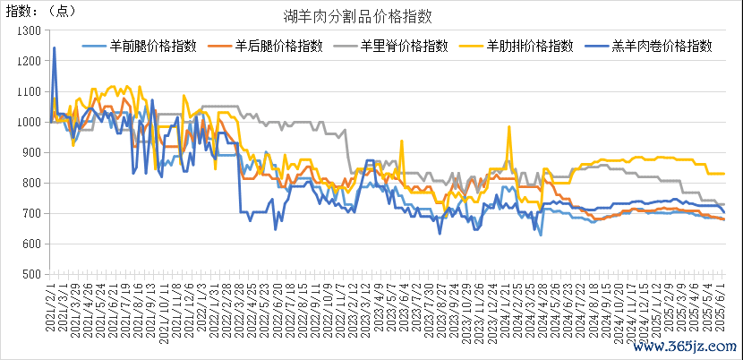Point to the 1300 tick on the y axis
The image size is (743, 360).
click(x=30, y=30)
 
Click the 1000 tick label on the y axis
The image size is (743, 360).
click(x=30, y=122)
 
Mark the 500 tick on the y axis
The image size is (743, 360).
click(x=32, y=274)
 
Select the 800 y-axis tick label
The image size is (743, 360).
click(x=32, y=183)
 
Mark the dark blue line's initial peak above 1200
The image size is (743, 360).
click(x=55, y=48)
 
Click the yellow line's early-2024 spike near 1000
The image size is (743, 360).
click(x=510, y=125)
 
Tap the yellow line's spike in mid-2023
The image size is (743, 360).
click(x=402, y=141)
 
